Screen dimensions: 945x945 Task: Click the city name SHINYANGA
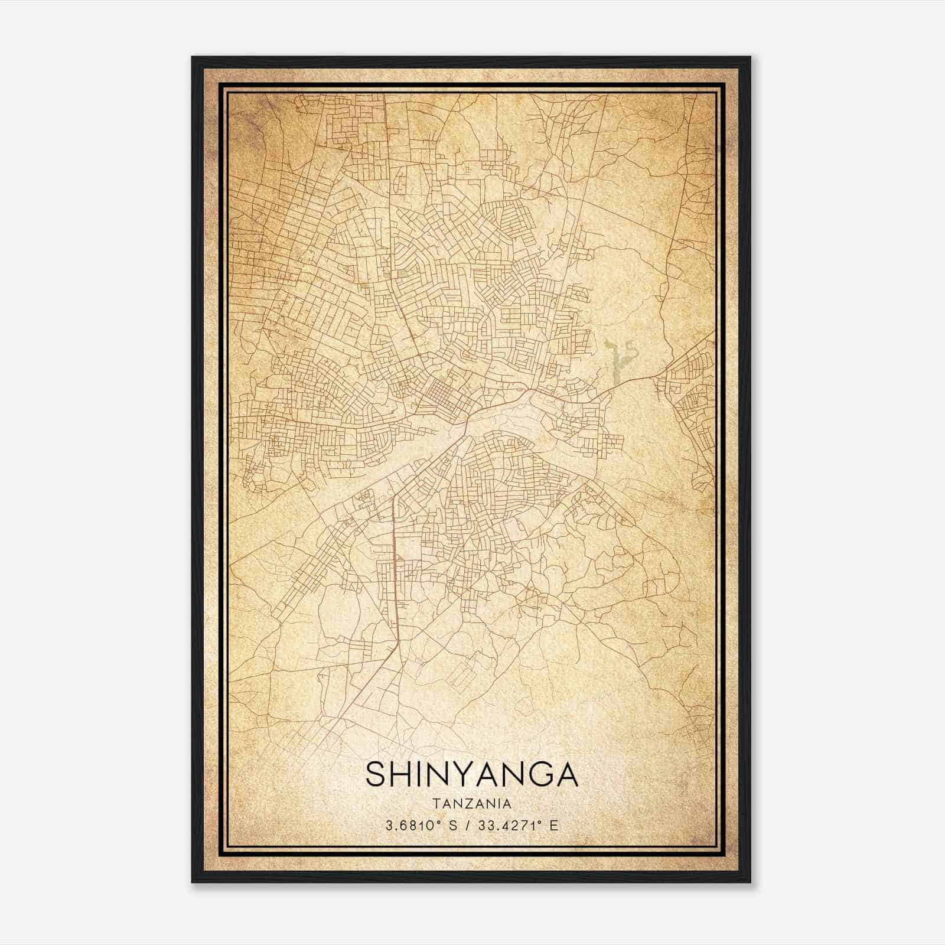click(472, 774)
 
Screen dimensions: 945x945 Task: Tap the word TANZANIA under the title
click(472, 804)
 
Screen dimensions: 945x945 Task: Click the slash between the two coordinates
click(467, 826)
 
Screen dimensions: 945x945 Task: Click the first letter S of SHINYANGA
click(376, 774)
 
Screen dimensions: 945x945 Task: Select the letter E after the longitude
click(553, 826)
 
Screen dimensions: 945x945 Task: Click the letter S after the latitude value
click(453, 826)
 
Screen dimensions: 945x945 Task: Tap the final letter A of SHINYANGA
click(565, 774)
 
